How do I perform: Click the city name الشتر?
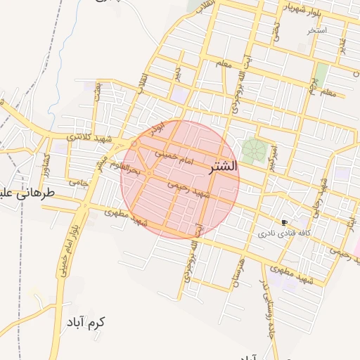point(224,167)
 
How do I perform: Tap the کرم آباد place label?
point(86,323)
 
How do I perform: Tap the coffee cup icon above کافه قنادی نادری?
point(284,222)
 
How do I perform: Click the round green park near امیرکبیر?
point(254,149)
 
